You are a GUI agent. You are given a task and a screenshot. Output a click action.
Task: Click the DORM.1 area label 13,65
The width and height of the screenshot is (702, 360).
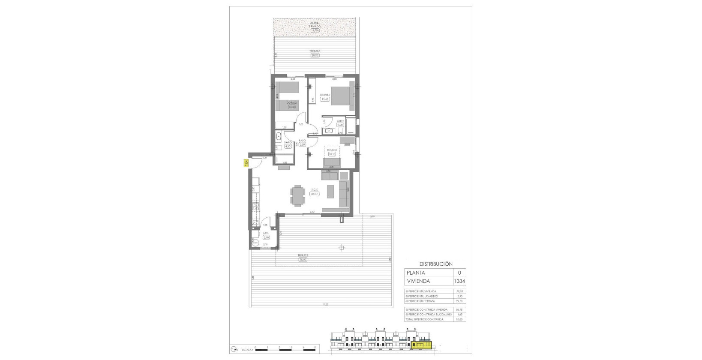325,99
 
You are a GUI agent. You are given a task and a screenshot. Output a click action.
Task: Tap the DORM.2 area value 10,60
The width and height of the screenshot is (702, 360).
291,107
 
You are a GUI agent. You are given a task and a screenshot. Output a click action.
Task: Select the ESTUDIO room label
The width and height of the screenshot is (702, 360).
332,150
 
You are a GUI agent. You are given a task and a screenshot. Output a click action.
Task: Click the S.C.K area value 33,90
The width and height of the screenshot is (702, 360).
314,194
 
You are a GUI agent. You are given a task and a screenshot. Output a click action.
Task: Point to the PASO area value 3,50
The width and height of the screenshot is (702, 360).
302,144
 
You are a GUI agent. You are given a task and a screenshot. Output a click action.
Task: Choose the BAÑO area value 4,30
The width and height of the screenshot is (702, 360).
288,146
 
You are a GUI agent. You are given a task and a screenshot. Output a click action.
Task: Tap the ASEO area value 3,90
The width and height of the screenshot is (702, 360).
340,125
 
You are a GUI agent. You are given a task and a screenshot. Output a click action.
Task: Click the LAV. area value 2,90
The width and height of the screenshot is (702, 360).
266,237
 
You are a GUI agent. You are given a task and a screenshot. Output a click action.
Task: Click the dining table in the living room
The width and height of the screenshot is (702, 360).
297,195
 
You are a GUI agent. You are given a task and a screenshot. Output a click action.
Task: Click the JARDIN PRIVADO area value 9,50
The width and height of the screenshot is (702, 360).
315,30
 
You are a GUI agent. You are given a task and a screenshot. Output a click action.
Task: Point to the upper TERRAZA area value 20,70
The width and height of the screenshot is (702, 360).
315,55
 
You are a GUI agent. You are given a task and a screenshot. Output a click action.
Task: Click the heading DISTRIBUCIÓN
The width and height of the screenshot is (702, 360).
435,264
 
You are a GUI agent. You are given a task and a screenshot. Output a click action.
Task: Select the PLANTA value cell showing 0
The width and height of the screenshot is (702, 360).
459,273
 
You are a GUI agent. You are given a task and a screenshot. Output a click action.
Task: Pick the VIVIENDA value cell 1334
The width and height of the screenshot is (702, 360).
459,281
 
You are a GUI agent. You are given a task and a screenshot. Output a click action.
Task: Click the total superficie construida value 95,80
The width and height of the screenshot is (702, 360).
459,319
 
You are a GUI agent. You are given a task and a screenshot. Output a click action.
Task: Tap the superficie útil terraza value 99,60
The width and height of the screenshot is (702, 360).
459,301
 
